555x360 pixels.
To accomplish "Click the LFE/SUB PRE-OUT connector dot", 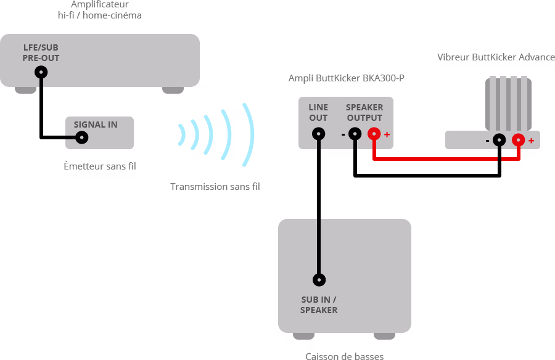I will (x=41, y=72).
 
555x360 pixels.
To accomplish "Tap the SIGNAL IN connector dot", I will (x=81, y=138).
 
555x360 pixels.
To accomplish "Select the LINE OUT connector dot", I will (x=319, y=133).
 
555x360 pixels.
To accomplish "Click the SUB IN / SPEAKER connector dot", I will (x=319, y=280).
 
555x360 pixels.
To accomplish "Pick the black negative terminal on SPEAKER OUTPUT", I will (x=355, y=133).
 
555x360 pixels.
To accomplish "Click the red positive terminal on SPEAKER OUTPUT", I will (x=374, y=133).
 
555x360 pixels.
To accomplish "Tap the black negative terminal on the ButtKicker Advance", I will (x=499, y=140).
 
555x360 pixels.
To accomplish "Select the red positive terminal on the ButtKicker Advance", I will (x=518, y=140).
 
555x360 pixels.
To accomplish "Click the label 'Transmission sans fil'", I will (x=215, y=186).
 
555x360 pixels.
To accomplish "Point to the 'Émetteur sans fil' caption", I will (x=100, y=166).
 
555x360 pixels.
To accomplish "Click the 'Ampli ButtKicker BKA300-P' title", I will (x=347, y=78).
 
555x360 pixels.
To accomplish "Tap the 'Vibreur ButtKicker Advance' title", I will (x=496, y=57).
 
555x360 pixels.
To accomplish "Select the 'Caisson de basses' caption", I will (x=344, y=356).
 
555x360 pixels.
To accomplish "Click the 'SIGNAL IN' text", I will (x=96, y=125).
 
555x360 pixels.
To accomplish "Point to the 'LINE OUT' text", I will (x=318, y=112).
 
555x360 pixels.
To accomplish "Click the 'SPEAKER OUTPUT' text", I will (x=364, y=112).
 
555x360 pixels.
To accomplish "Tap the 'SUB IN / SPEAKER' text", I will (x=319, y=305).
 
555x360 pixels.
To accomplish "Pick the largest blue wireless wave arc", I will (x=249, y=134).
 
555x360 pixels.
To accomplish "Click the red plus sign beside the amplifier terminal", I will (x=387, y=134).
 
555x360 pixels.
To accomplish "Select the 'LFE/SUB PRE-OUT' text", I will (x=41, y=52).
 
